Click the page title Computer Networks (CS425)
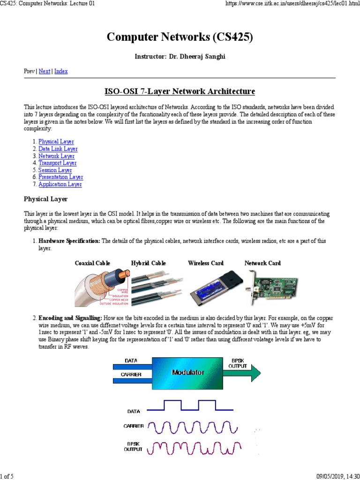click(x=180, y=38)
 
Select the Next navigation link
click(x=45, y=71)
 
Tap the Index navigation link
click(x=61, y=71)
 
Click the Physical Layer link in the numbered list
click(x=56, y=142)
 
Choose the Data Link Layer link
click(x=58, y=149)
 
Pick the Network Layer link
click(x=56, y=156)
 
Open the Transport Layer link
click(x=58, y=163)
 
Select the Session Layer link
click(x=55, y=170)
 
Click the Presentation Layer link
click(x=60, y=177)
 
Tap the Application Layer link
click(x=60, y=184)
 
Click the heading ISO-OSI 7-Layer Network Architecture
click(x=180, y=90)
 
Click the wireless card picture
click(x=210, y=287)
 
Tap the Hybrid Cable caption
click(x=148, y=263)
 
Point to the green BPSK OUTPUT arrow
click(x=241, y=373)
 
